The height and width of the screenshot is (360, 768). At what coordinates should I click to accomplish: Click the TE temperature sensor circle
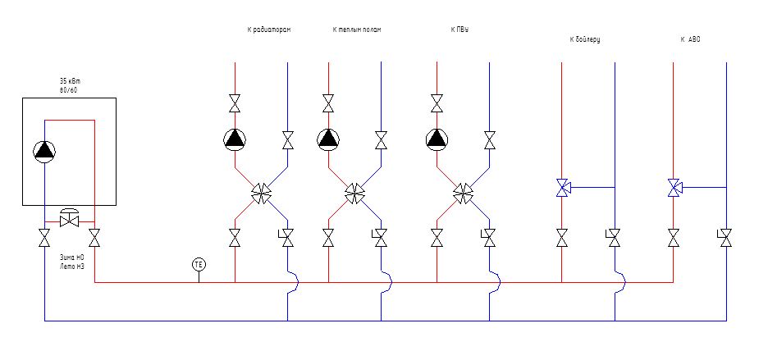tap(199, 264)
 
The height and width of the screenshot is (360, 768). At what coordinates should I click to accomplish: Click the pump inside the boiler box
tap(44, 150)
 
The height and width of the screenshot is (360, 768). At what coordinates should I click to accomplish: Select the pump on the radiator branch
tap(235, 139)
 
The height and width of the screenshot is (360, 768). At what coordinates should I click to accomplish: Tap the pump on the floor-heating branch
tap(328, 139)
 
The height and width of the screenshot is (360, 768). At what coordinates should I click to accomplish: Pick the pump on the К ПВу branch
tap(437, 139)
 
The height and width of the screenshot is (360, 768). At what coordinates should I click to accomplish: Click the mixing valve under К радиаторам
tap(262, 194)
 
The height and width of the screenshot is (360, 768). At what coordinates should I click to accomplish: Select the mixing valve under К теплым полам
tap(355, 194)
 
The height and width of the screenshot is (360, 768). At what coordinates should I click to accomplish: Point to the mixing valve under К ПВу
tap(464, 194)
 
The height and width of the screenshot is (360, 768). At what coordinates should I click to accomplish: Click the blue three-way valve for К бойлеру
tap(563, 188)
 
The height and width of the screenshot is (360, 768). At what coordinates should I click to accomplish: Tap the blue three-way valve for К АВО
tap(674, 188)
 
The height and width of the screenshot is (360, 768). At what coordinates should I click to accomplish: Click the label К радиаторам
tap(269, 30)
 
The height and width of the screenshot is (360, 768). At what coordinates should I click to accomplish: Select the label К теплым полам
tap(357, 30)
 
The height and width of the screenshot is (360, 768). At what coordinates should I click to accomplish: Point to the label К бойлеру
tap(585, 39)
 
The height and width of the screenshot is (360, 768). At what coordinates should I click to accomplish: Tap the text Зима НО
tap(72, 257)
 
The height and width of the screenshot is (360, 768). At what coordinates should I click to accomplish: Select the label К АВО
tap(691, 39)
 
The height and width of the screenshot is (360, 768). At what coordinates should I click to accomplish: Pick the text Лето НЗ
tap(72, 267)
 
